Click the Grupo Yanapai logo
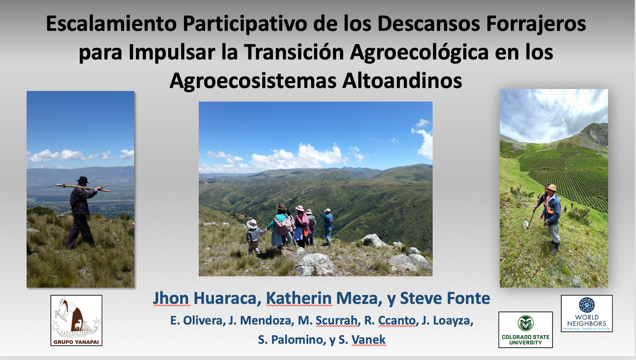76,320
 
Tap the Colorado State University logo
525,330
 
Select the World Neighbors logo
587,314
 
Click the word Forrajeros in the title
536,24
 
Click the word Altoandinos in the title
402,81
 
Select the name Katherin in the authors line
299,298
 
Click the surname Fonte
468,298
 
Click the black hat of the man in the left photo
83,180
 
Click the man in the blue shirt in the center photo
328,226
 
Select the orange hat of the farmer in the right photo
552,188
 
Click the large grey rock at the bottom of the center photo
315,264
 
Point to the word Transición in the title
294,52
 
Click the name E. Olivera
196,321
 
